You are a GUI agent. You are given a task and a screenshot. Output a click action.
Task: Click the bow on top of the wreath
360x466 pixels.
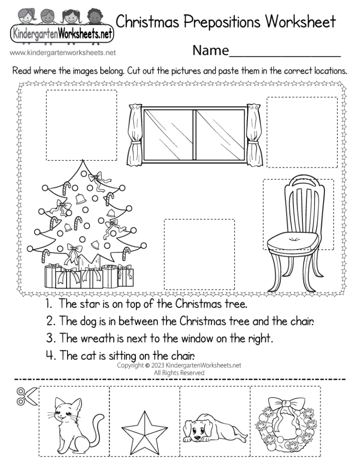284,402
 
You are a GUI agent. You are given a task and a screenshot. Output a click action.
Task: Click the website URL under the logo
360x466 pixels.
62,53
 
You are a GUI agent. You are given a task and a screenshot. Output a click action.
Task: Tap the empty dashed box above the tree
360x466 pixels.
81,125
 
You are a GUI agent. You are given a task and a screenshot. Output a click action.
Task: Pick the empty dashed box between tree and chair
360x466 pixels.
199,254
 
